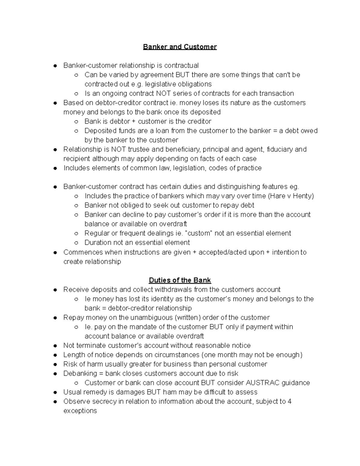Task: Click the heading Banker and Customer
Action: coord(180,47)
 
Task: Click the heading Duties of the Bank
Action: coord(180,280)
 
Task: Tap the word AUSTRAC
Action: coord(262,383)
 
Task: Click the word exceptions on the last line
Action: coord(80,411)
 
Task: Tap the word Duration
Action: coord(97,242)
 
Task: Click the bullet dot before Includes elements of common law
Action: coord(55,168)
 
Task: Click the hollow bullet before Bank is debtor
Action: coord(76,122)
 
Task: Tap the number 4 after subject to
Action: coord(289,401)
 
